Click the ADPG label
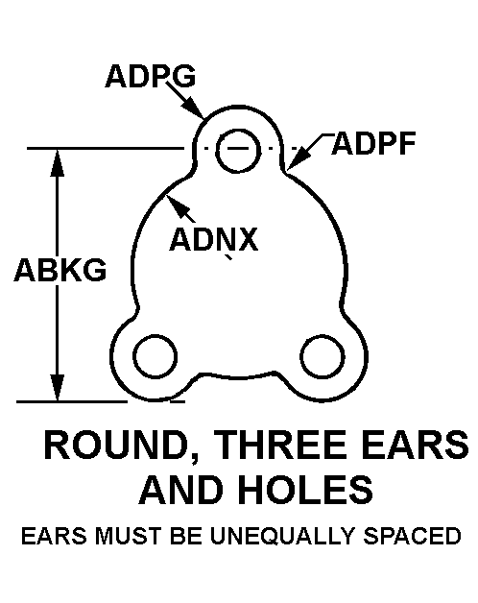[x=150, y=76]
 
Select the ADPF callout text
[x=373, y=143]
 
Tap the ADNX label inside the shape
[x=214, y=239]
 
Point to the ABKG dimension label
[x=60, y=270]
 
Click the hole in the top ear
[x=238, y=151]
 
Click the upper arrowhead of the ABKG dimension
[x=58, y=163]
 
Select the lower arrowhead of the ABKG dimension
[x=58, y=388]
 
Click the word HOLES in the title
[x=306, y=490]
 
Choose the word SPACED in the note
[x=412, y=536]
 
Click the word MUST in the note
[x=129, y=536]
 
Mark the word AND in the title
[x=181, y=490]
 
